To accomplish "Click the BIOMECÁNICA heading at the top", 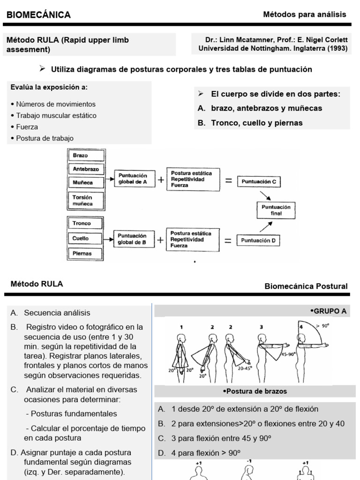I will click(38, 15).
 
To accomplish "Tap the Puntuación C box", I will click(260, 181).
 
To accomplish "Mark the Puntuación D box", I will click(260, 241).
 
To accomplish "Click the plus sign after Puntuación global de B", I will click(161, 240).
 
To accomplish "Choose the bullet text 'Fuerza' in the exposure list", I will click(27, 127).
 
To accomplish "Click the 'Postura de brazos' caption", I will click(255, 391).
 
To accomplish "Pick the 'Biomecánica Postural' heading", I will click(306, 286).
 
